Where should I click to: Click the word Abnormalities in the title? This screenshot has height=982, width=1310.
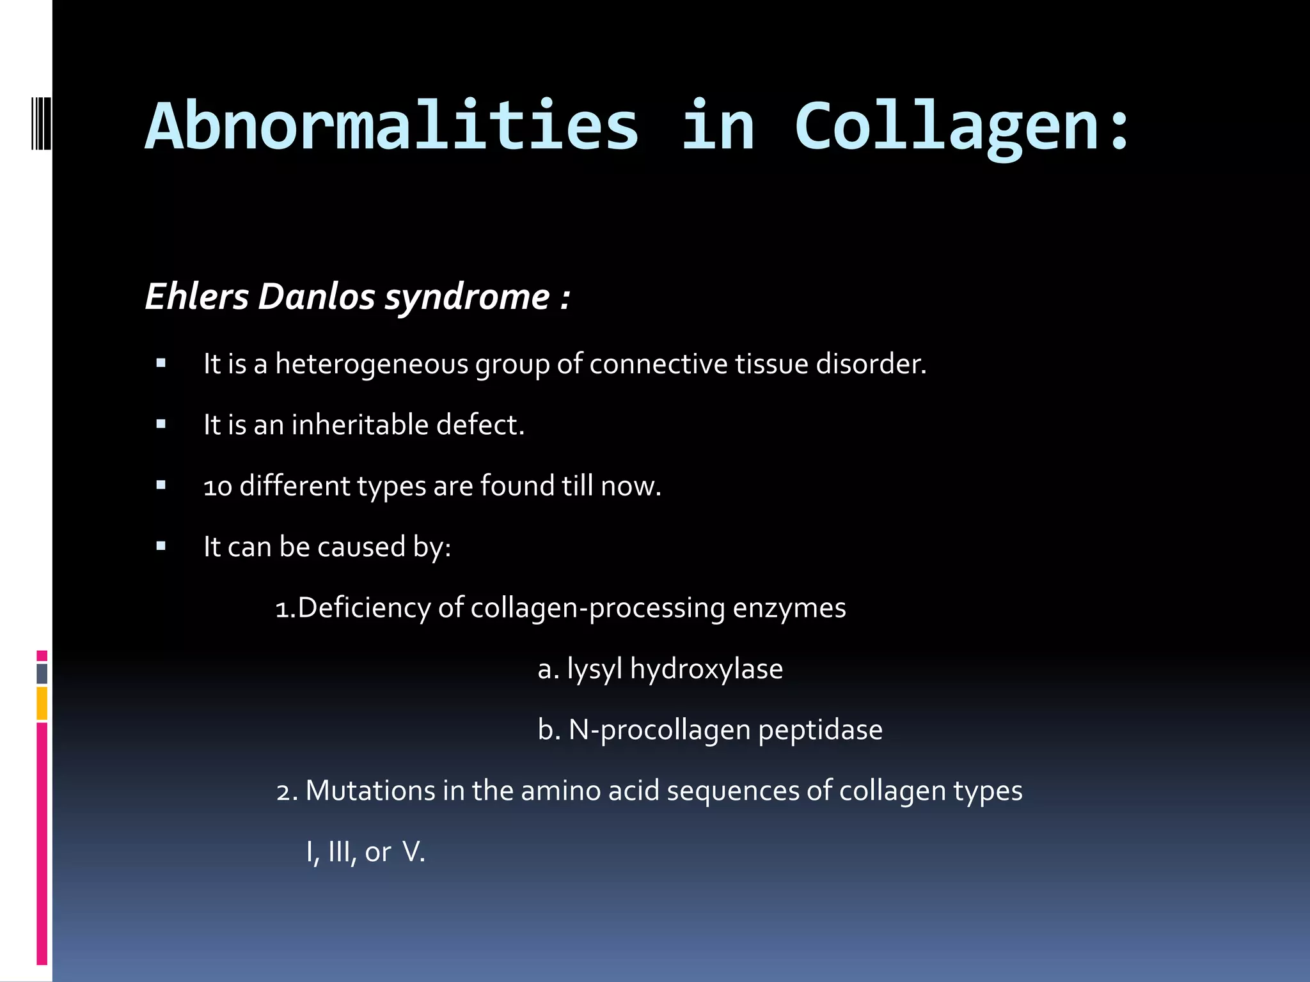391,126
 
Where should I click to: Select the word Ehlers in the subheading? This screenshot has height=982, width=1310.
196,297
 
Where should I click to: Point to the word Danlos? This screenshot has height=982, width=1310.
317,297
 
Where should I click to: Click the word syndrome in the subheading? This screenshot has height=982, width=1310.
467,298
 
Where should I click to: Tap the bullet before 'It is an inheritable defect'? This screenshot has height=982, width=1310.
161,425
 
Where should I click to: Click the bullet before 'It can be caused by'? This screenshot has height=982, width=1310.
161,547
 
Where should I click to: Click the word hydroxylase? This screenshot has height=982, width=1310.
706,669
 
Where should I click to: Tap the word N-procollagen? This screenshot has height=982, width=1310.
659,730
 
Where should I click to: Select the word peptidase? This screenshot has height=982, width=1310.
820,730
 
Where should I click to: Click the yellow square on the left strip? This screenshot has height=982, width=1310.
42,703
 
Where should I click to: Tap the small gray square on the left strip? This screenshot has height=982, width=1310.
42,673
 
